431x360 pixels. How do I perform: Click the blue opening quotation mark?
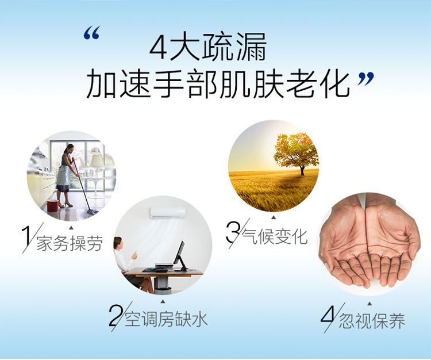(x=91, y=33)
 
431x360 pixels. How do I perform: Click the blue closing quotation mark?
(x=366, y=79)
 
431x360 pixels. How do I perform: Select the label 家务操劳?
(x=70, y=243)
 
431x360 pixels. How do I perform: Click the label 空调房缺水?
(x=166, y=319)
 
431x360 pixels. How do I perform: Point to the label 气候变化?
(x=274, y=236)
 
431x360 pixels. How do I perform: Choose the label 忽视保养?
(x=372, y=321)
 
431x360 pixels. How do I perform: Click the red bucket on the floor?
(x=52, y=205)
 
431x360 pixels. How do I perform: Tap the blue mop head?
(x=93, y=212)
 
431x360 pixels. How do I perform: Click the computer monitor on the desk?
(x=180, y=255)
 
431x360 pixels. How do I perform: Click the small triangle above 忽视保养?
(x=370, y=304)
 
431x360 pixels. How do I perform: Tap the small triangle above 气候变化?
(x=274, y=217)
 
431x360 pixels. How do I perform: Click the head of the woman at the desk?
(x=118, y=243)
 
